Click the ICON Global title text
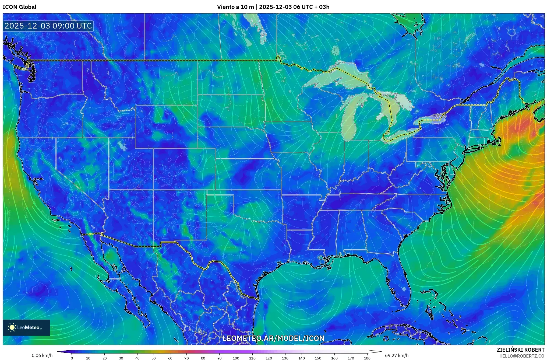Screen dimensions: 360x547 coord(19,7)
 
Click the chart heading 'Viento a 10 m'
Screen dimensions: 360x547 coord(235,7)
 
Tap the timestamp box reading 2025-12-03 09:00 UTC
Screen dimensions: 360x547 coord(48,26)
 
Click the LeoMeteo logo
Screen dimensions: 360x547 coord(26,327)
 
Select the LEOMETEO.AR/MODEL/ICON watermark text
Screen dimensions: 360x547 coord(273,338)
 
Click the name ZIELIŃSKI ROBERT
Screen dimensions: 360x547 coord(520,350)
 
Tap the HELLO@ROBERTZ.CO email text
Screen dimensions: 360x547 coord(522,356)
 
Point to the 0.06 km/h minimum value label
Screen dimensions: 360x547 coord(42,355)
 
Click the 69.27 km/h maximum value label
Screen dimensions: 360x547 coord(397,355)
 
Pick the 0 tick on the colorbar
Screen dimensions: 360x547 coord(72,358)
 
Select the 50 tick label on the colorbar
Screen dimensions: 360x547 coord(154,358)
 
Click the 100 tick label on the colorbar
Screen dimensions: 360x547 coord(236,358)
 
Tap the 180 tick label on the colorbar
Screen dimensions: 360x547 coord(367,358)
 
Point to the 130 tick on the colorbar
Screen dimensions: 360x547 coord(285,358)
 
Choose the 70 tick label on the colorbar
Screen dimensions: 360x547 coord(186,358)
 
